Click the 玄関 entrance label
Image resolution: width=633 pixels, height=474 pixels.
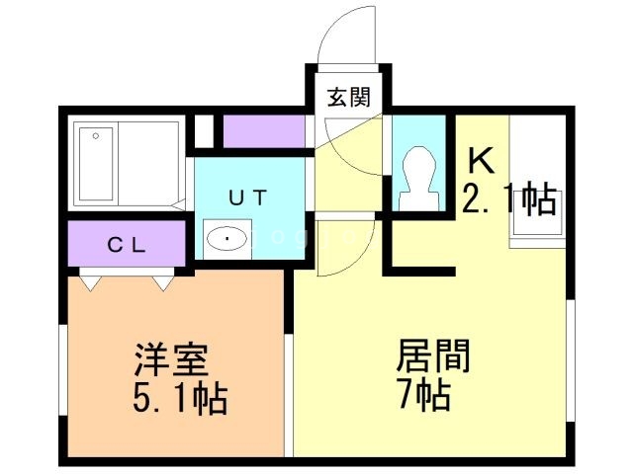tap(349, 97)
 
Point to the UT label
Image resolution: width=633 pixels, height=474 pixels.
tap(247, 197)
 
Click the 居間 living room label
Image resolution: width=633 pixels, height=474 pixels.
tap(432, 355)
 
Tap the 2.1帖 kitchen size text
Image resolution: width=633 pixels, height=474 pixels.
tap(508, 199)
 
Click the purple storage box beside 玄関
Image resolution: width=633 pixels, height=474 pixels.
tap(262, 130)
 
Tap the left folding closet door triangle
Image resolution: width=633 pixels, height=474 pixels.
tap(92, 283)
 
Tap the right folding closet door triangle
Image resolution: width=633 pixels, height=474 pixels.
tap(162, 283)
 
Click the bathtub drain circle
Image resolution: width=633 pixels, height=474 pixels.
tap(96, 135)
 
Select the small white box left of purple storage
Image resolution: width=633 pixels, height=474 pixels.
tap(204, 130)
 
